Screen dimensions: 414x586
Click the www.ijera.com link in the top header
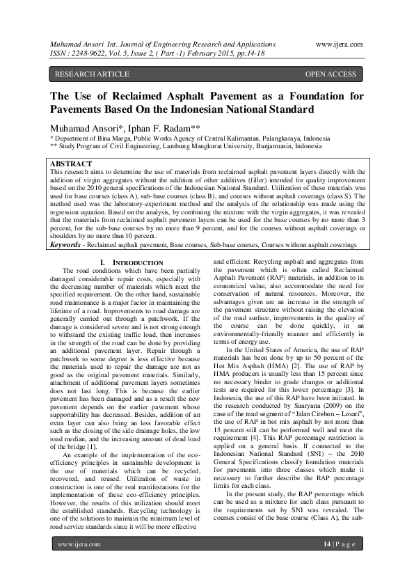click(x=339, y=43)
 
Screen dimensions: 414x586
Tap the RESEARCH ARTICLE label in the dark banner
click(x=92, y=74)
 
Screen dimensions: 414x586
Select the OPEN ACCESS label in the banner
click(x=331, y=74)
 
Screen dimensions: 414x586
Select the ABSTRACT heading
click(x=73, y=164)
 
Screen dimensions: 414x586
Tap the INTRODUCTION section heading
click(x=123, y=262)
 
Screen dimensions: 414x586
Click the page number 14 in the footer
click(x=328, y=563)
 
